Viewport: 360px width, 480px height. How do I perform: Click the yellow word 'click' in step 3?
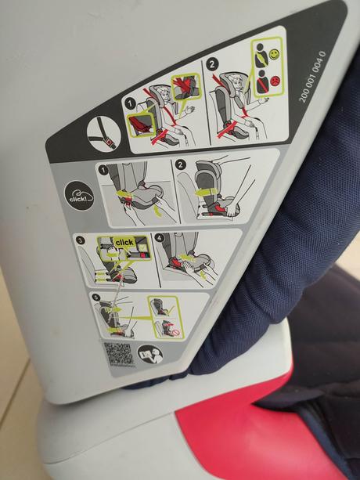pyautogui.click(x=124, y=242)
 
